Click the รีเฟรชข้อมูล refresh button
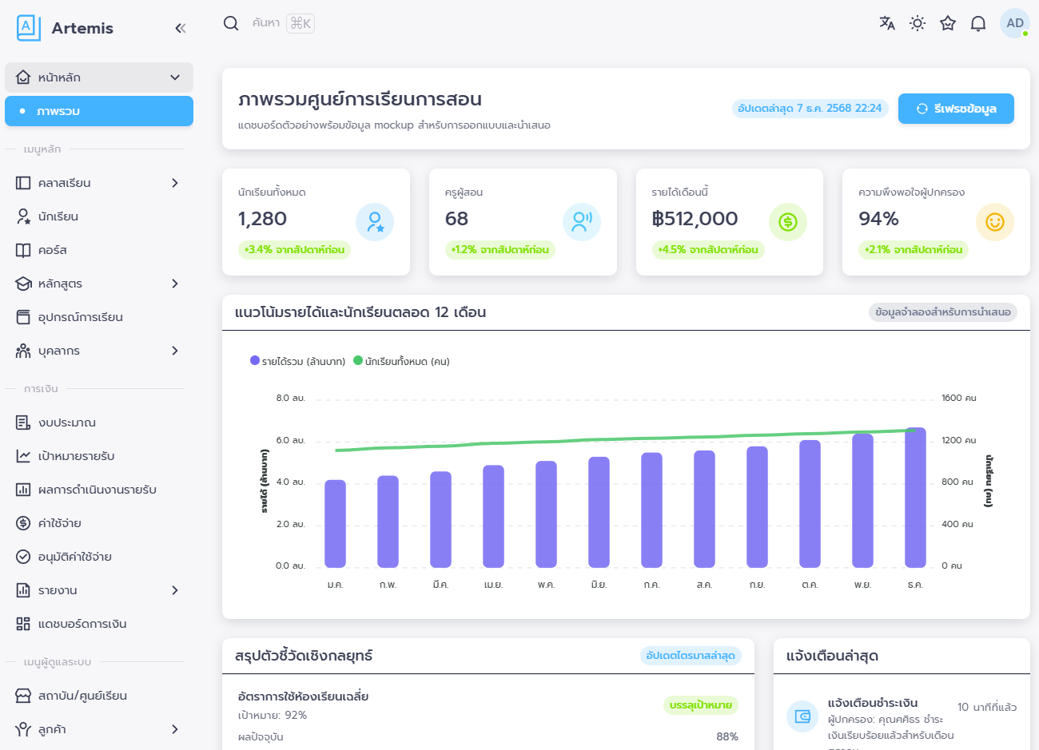[956, 109]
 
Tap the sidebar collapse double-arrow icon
[180, 29]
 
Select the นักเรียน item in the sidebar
[58, 216]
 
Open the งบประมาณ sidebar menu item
[66, 423]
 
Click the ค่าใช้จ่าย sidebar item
[59, 523]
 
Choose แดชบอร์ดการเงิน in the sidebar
[82, 624]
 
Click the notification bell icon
[977, 23]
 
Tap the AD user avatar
[1014, 23]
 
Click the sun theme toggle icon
[917, 23]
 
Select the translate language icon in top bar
[886, 23]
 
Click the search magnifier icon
[231, 23]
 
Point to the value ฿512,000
[695, 219]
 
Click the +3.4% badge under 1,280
[294, 250]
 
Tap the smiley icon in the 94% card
[994, 222]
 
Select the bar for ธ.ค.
[915, 498]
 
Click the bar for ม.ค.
[335, 524]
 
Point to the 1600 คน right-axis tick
[958, 398]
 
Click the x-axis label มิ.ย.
[599, 585]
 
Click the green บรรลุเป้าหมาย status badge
[700, 705]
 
